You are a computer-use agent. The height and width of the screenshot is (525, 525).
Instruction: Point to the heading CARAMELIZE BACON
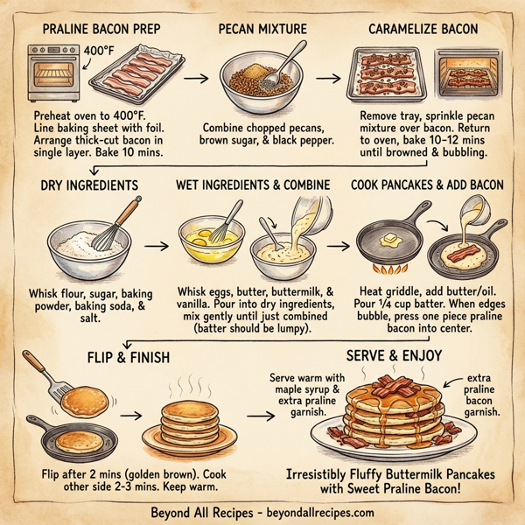point(423,30)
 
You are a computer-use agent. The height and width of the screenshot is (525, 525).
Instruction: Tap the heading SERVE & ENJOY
point(394,356)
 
